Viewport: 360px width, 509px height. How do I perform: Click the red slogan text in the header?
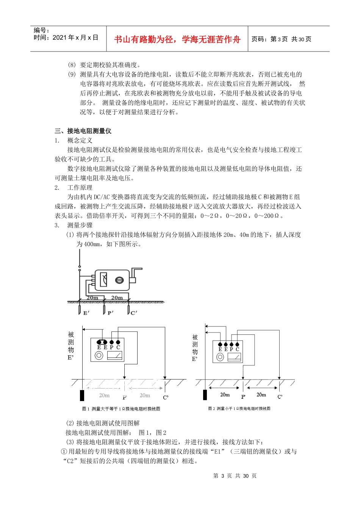point(177,39)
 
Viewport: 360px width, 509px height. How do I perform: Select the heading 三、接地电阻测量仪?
point(83,131)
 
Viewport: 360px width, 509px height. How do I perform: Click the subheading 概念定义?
point(80,141)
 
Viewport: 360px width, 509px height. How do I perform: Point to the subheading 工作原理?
point(80,187)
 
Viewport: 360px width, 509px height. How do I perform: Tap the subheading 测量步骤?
point(80,225)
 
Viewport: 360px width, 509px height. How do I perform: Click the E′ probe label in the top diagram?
point(86,313)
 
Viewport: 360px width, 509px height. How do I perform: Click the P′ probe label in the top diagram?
point(110,313)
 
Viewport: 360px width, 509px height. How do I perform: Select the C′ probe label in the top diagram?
point(134,313)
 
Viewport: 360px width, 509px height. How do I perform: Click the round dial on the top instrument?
point(119,280)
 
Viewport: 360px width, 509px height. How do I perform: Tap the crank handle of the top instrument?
point(136,273)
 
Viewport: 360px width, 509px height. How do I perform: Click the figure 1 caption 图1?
point(121,409)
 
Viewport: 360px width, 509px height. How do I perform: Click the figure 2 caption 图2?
point(239,408)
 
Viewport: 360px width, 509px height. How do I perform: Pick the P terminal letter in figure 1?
point(111,347)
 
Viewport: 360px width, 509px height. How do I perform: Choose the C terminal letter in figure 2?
point(238,349)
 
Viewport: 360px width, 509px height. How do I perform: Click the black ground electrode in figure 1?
point(82,395)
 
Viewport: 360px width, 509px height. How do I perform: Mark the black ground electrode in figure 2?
point(205,394)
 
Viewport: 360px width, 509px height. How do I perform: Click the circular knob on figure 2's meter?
point(220,357)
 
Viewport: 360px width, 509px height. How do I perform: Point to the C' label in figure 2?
point(280,397)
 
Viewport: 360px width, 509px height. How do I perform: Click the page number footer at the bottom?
point(235,476)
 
